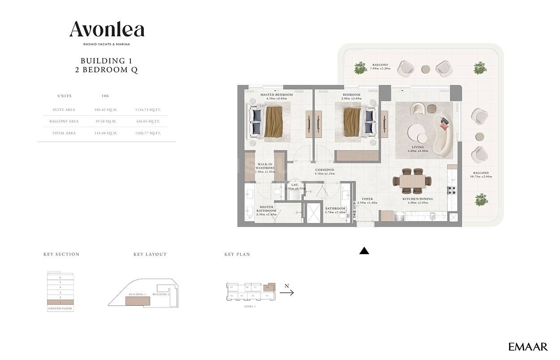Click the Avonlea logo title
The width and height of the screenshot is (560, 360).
pos(107,30)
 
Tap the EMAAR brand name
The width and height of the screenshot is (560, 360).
pos(528,347)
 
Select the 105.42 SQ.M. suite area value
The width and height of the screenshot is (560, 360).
pos(105,110)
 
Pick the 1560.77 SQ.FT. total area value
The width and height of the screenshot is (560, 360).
pos(148,133)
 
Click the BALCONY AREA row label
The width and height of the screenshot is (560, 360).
pos(64,121)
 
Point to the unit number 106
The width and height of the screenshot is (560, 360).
pos(105,96)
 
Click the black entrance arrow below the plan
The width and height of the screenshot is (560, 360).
pos(364,251)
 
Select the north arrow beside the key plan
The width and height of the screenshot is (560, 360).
pos(287,293)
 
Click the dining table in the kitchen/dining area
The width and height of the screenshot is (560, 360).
pos(412,181)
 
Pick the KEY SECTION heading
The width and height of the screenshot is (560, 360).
pos(61,254)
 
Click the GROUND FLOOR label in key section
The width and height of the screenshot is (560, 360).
pos(60,308)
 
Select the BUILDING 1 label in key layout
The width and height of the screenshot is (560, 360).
pos(138,295)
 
